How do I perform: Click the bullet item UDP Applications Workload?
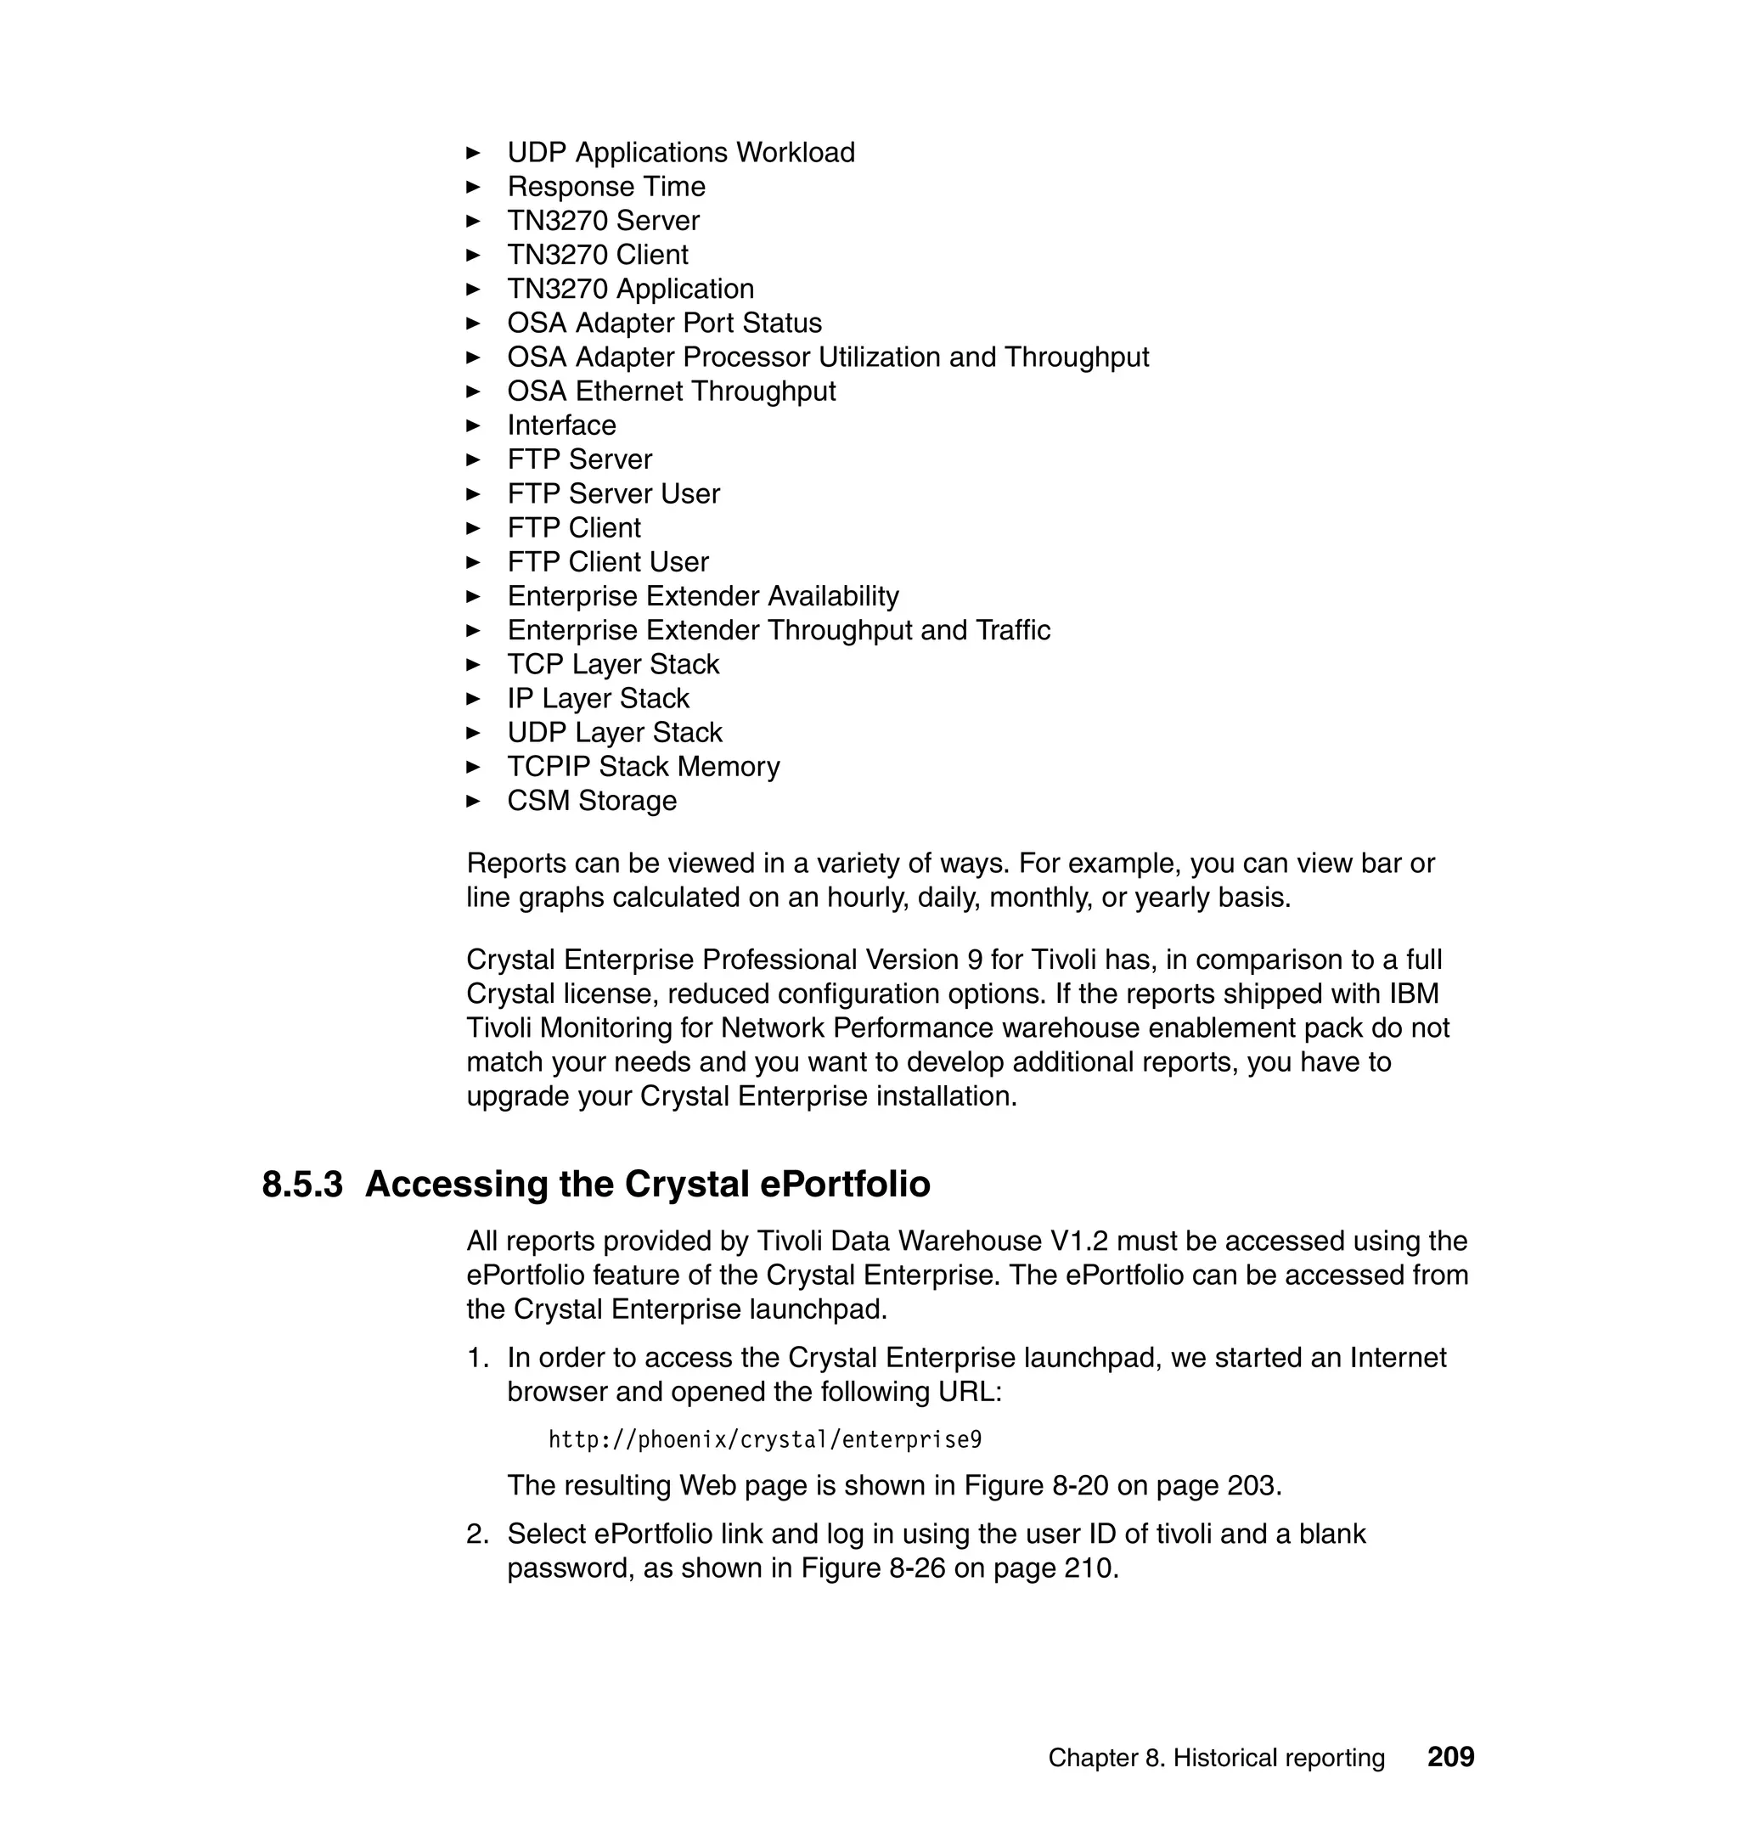680,152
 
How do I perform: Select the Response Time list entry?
606,186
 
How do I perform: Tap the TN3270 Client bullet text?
597,255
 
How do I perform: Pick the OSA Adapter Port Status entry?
664,323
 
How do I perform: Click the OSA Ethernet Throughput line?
671,391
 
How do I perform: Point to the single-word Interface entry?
560,425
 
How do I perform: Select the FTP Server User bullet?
613,494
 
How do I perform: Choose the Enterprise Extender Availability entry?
702,596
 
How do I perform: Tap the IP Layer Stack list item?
598,698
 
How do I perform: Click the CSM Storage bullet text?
591,801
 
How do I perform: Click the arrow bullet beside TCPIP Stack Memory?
473,767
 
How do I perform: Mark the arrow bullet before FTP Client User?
473,562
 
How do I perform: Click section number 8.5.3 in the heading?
302,1185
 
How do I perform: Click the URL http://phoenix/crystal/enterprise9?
765,1439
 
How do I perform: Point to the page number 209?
1450,1757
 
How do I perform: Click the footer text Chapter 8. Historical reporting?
1216,1758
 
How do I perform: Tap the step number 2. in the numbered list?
477,1534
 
